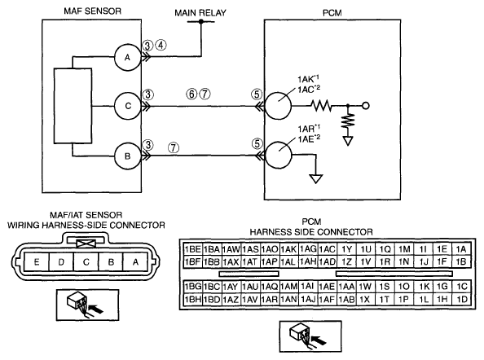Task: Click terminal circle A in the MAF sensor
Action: point(127,57)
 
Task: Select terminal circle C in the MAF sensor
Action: point(127,106)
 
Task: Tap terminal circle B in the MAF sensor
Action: point(127,156)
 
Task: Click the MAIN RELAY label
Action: point(200,13)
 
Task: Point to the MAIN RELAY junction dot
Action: point(201,22)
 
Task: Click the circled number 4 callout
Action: point(161,46)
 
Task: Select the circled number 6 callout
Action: point(191,94)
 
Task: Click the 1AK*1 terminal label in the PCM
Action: point(308,79)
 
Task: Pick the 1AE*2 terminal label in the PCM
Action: point(309,138)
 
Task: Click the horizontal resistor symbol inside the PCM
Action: point(322,106)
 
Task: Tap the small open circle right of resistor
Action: point(366,106)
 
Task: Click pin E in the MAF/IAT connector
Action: point(37,262)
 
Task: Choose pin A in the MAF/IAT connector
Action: point(135,262)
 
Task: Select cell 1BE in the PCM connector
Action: point(192,249)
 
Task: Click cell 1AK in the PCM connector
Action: point(288,249)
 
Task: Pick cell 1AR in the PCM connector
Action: point(270,299)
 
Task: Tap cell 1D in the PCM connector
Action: point(461,299)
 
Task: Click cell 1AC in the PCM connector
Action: point(328,249)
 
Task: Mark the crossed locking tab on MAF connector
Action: point(86,244)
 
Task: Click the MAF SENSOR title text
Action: point(92,11)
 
